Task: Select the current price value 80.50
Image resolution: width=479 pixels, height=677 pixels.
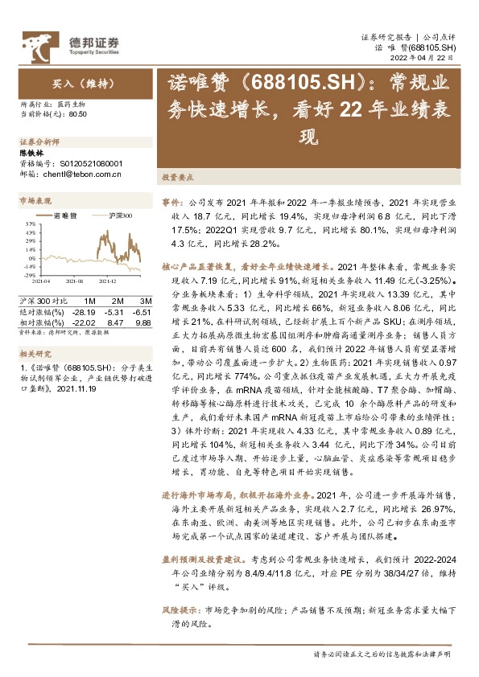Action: (78, 115)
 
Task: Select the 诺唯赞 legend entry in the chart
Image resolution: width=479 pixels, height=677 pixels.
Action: (63, 215)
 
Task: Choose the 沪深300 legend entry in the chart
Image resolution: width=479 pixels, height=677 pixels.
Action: (116, 215)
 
